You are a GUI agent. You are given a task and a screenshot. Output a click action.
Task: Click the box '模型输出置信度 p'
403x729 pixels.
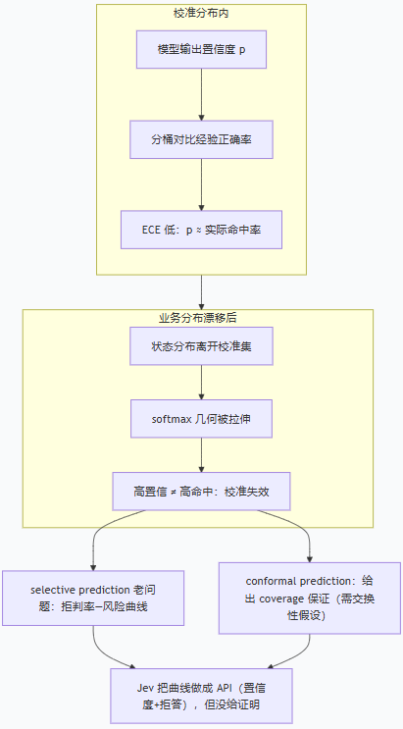[x=201, y=50]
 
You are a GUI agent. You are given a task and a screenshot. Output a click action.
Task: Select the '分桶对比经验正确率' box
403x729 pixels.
[x=201, y=139]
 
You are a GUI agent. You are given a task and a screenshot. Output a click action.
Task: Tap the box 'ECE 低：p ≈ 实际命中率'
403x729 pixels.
[x=201, y=230]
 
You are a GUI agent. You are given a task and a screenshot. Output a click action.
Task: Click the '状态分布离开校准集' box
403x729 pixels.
[x=201, y=346]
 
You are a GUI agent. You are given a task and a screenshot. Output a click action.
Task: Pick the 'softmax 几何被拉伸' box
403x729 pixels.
[x=201, y=418]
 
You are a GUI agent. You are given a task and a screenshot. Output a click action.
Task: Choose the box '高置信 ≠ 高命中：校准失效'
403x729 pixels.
[x=201, y=492]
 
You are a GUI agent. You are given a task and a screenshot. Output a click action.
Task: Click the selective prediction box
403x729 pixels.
[x=93, y=598]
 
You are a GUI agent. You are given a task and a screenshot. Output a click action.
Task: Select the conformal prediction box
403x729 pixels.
[x=310, y=598]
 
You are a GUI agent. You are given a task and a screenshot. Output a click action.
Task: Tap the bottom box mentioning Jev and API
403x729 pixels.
[x=201, y=696]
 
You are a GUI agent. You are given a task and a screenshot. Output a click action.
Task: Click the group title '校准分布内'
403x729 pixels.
[x=201, y=13]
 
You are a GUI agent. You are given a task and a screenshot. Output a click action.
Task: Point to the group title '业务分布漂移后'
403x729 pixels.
[x=198, y=318]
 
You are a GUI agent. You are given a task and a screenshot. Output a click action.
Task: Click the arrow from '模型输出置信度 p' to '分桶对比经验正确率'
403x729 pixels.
[x=201, y=94]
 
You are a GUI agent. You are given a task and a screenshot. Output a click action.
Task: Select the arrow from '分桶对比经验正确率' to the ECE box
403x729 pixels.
[x=201, y=184]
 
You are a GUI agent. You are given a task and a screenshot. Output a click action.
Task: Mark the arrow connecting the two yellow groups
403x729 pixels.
[x=201, y=292]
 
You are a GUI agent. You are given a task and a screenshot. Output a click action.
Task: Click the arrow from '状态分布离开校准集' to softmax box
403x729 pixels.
[x=201, y=383]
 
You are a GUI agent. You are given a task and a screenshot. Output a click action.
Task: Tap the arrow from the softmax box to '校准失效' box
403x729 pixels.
[x=201, y=454]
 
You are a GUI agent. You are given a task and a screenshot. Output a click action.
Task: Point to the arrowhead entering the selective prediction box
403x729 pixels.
[x=93, y=568]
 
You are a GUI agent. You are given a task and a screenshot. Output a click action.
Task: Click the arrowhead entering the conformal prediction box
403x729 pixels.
[x=310, y=559]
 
